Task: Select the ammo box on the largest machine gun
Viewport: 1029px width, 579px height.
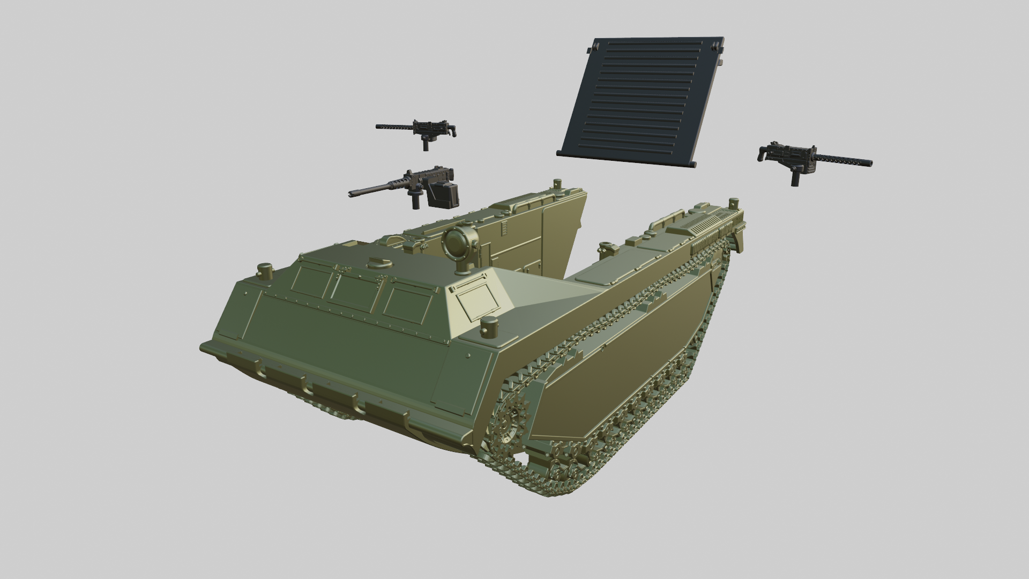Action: [x=444, y=194]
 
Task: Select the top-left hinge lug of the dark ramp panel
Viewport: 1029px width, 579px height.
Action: [x=591, y=50]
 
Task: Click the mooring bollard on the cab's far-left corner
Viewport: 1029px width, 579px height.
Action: [x=265, y=271]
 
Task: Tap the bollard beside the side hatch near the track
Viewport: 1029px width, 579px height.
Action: [x=489, y=327]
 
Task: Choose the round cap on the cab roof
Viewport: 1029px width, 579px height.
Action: [x=379, y=263]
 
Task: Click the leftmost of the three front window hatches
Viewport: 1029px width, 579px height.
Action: [x=311, y=284]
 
